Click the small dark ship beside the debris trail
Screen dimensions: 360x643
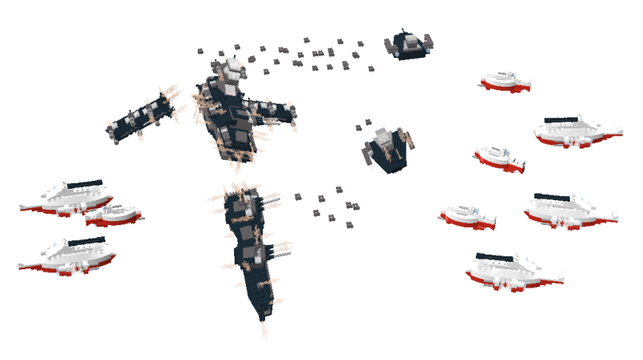(409, 45)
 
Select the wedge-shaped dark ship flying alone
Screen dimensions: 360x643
(387, 149)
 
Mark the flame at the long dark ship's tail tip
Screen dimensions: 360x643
(264, 330)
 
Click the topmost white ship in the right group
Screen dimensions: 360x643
(506, 80)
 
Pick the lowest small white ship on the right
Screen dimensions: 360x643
(467, 215)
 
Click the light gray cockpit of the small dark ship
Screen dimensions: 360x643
(410, 40)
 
